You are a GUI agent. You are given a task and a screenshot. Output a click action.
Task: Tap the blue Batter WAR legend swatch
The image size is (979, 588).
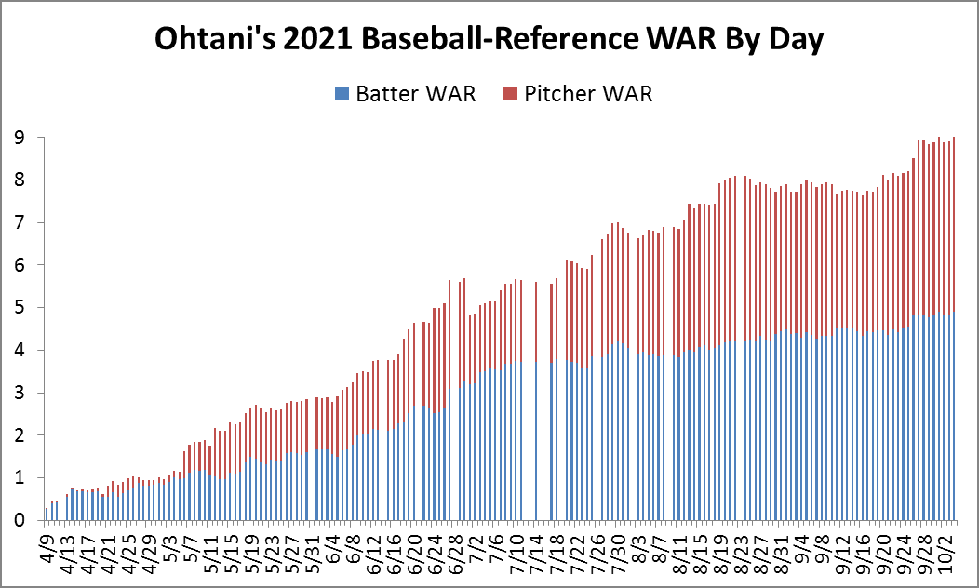[342, 93]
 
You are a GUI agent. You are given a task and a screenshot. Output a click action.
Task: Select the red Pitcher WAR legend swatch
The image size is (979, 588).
[509, 93]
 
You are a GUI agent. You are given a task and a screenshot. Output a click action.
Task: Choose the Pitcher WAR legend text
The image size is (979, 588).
[588, 93]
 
